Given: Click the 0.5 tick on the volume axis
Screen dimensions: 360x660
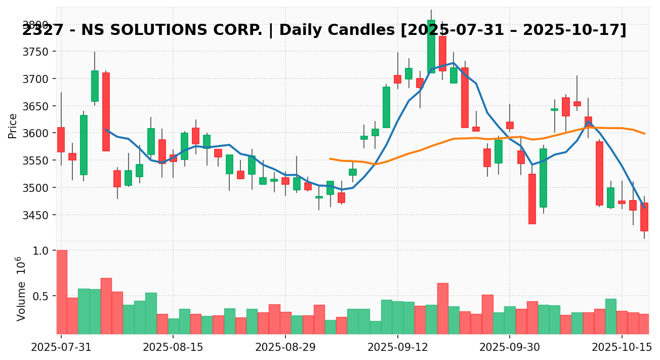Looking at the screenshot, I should tap(41, 296).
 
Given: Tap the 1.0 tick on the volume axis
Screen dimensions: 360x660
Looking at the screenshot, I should tap(41, 251).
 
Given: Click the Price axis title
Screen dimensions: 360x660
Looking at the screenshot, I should tap(13, 126).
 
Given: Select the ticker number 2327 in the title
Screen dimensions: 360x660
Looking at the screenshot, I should tap(38, 30).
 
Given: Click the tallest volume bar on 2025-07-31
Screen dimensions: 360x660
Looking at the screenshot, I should tap(62, 292).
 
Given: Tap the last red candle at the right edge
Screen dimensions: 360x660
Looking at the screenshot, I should tap(644, 217).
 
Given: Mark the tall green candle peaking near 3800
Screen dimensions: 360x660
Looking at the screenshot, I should tap(431, 47).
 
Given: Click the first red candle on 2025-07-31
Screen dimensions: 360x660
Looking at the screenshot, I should tap(61, 139).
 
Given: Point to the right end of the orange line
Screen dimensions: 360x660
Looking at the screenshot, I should tap(644, 134).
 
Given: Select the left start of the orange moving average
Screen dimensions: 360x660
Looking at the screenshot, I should tap(330, 158).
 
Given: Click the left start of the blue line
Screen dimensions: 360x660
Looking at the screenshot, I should tap(106, 130).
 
